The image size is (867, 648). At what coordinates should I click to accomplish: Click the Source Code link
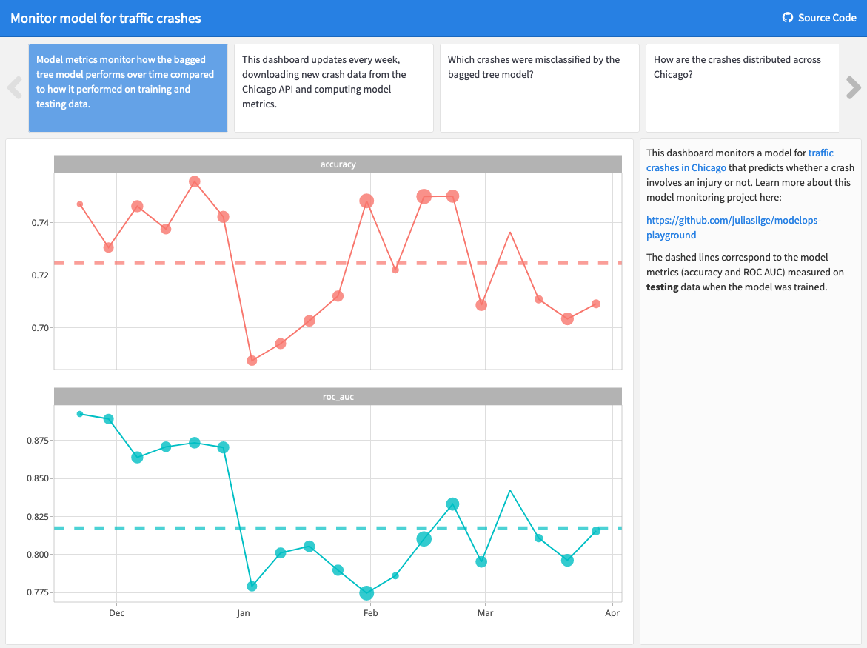(820, 18)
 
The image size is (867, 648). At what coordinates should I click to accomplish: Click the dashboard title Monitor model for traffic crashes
(106, 18)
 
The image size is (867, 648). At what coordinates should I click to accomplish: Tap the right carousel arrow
(853, 87)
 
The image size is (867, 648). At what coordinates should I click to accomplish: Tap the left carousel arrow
(14, 87)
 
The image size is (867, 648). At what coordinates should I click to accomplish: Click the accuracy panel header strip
(338, 164)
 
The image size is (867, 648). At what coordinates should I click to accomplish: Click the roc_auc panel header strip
(338, 397)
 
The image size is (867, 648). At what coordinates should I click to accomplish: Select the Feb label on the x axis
(369, 613)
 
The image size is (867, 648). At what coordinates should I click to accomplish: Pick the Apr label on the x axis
(612, 613)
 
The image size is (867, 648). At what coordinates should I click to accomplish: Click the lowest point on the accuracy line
(252, 361)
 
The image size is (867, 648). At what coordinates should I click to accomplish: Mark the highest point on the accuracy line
(195, 181)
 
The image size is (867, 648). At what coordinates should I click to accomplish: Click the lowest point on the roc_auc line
(366, 593)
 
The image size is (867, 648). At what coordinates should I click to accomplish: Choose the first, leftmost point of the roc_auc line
(80, 414)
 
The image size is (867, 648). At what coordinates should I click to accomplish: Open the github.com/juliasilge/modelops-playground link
(733, 227)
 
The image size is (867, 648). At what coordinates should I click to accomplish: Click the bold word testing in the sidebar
(662, 287)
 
